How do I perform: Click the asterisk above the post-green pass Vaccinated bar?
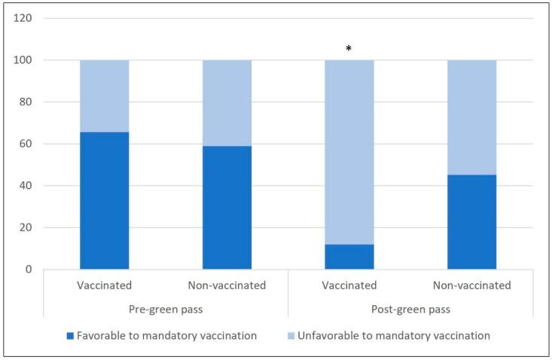tap(349, 49)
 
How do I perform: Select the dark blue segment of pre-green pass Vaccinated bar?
tap(105, 200)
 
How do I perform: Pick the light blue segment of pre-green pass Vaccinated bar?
tap(105, 96)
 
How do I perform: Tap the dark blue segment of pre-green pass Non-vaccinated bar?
tap(227, 207)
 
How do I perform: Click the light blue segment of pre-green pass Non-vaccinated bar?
tap(227, 102)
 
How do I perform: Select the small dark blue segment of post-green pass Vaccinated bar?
tap(349, 256)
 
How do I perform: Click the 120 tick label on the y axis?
tap(22, 18)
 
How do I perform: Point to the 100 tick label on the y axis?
tap(22, 60)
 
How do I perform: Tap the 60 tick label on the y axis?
tap(25, 144)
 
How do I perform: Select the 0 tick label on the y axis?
tap(28, 269)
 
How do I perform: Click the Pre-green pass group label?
tap(166, 309)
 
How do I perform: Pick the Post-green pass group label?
tap(410, 309)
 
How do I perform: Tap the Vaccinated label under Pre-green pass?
tap(105, 286)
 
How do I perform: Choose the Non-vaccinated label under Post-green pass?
tap(471, 286)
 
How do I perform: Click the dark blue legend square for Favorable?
tap(72, 335)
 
